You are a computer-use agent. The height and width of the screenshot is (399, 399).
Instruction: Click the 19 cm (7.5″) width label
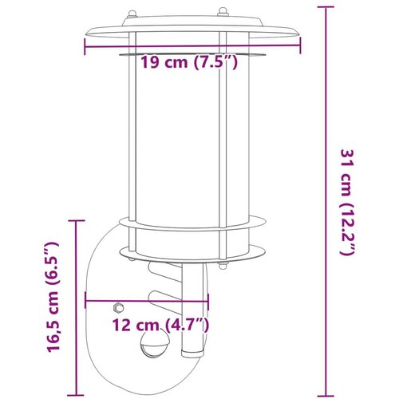click(188, 63)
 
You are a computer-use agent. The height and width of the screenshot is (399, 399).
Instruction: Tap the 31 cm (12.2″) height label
click(348, 203)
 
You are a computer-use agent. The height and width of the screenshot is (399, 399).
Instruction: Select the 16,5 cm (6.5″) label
click(53, 297)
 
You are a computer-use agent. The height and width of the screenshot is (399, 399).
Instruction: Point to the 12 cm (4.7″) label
click(160, 325)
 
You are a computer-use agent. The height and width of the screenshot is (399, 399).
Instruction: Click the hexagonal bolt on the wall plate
click(118, 308)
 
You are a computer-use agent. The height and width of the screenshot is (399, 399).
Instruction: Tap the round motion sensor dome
click(153, 344)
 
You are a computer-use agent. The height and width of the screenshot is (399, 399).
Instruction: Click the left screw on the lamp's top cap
click(132, 14)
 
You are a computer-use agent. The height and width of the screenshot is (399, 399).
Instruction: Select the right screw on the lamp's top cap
click(223, 12)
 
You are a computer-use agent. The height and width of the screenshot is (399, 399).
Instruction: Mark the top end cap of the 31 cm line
click(326, 7)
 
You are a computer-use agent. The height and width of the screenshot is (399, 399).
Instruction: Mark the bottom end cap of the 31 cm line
click(326, 396)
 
